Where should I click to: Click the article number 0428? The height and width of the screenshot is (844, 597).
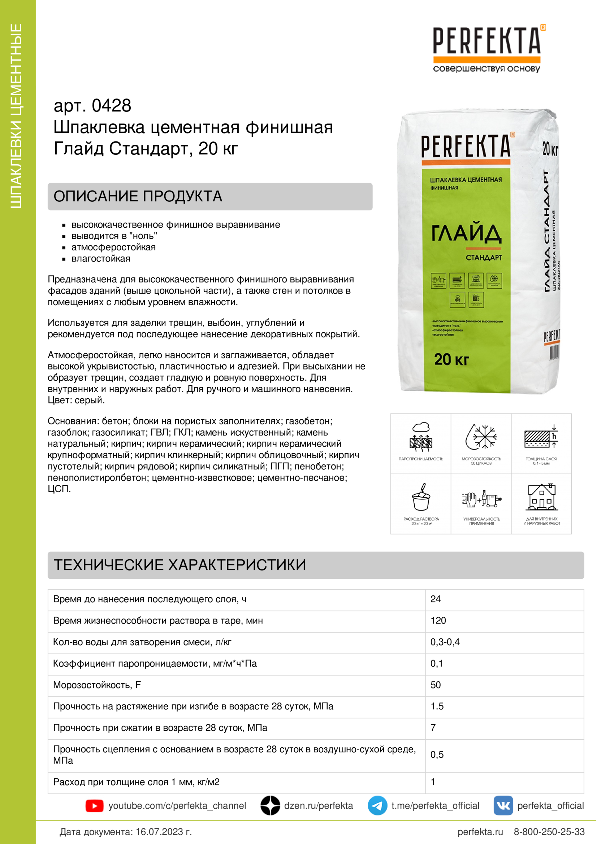coord(111,106)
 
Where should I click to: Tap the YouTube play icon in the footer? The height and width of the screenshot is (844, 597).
coord(95,806)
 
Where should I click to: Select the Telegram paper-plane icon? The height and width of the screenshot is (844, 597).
coord(377,805)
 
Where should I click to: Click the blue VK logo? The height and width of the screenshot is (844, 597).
coord(503,805)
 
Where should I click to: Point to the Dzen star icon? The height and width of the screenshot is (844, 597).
coord(271,805)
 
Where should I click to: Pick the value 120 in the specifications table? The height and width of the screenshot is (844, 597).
coord(438,621)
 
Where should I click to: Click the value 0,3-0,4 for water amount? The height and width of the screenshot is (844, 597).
coord(445,642)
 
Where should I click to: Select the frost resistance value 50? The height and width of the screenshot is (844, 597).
coord(436,685)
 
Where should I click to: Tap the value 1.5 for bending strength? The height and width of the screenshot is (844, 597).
coord(437,706)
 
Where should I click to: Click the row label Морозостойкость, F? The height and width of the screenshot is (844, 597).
coord(97,685)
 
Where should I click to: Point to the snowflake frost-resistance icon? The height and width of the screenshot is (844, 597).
coord(481,437)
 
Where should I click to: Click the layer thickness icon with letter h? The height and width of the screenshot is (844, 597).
coord(541,437)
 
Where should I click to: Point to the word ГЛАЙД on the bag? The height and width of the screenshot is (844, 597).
coord(466,233)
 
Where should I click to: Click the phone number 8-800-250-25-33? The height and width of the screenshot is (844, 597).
coord(549,831)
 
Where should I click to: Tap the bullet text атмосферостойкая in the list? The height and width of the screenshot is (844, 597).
coord(113,248)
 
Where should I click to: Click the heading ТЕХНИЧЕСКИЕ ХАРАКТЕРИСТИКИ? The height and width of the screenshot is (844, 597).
coord(180,565)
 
